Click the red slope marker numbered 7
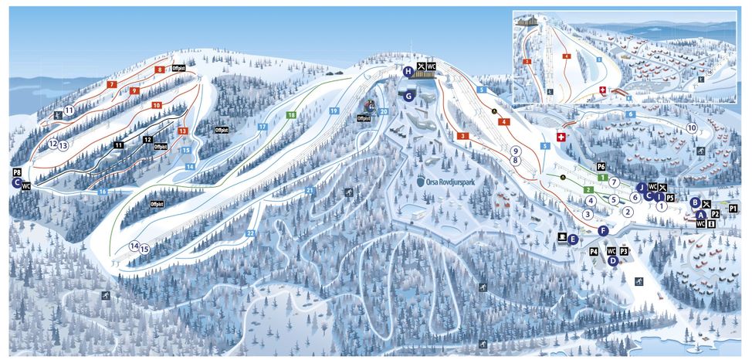click(x=112, y=83)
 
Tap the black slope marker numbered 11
click(x=118, y=144)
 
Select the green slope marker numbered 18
click(x=291, y=115)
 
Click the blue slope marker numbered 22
click(x=250, y=233)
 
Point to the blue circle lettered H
click(x=408, y=71)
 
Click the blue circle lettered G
click(x=408, y=96)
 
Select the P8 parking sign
click(x=16, y=172)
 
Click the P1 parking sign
click(x=733, y=209)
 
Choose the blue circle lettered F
click(x=603, y=230)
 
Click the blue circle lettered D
click(x=611, y=261)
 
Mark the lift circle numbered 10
click(x=691, y=127)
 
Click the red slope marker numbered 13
click(x=183, y=131)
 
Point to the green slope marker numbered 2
click(x=588, y=189)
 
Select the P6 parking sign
click(x=601, y=167)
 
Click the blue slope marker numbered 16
click(x=102, y=191)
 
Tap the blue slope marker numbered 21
click(x=310, y=190)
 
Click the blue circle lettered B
click(x=695, y=202)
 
